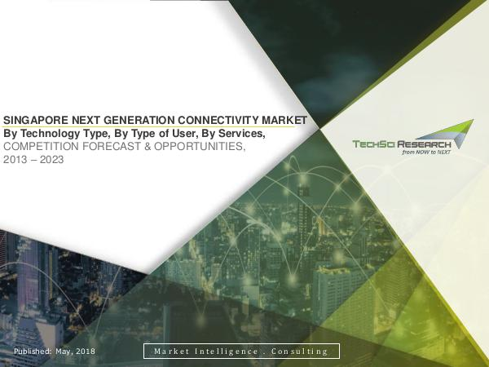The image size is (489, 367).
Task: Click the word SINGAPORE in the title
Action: [x=36, y=120]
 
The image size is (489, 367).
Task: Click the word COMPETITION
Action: [x=41, y=146]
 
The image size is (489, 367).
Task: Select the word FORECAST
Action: [x=112, y=146]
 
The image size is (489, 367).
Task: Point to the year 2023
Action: [x=52, y=160]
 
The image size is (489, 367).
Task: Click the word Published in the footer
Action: [x=33, y=351]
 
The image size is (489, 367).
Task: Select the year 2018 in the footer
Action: [x=86, y=351]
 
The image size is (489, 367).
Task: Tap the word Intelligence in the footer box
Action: [x=227, y=352]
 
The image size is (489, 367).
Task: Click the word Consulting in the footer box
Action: [x=299, y=352]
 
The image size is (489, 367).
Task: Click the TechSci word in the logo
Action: [x=373, y=144]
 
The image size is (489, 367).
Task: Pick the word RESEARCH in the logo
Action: [x=424, y=144]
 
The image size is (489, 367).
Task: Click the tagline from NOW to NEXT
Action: [x=426, y=153]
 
